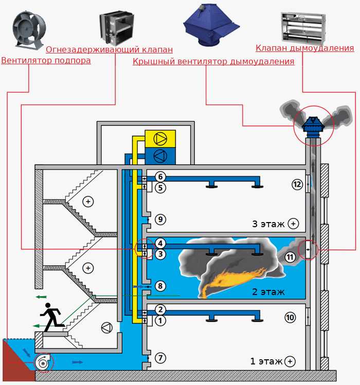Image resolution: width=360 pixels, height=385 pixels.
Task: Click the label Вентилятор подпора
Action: click(x=46, y=61)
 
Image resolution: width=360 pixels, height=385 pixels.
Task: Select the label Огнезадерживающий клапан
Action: click(x=109, y=50)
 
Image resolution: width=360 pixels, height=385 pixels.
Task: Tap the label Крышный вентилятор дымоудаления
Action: click(x=213, y=62)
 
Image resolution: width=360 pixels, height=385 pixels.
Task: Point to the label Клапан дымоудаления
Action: click(x=304, y=48)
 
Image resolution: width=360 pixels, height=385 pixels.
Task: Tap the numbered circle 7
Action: click(x=160, y=357)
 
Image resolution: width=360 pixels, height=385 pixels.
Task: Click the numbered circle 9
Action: click(x=160, y=219)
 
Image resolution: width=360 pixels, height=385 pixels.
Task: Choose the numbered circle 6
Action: click(x=160, y=177)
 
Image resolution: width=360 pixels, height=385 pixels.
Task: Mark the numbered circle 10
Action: click(x=290, y=318)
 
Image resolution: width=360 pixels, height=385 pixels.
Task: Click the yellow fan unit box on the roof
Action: click(x=160, y=139)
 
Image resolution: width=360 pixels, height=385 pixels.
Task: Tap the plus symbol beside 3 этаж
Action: click(x=293, y=224)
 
